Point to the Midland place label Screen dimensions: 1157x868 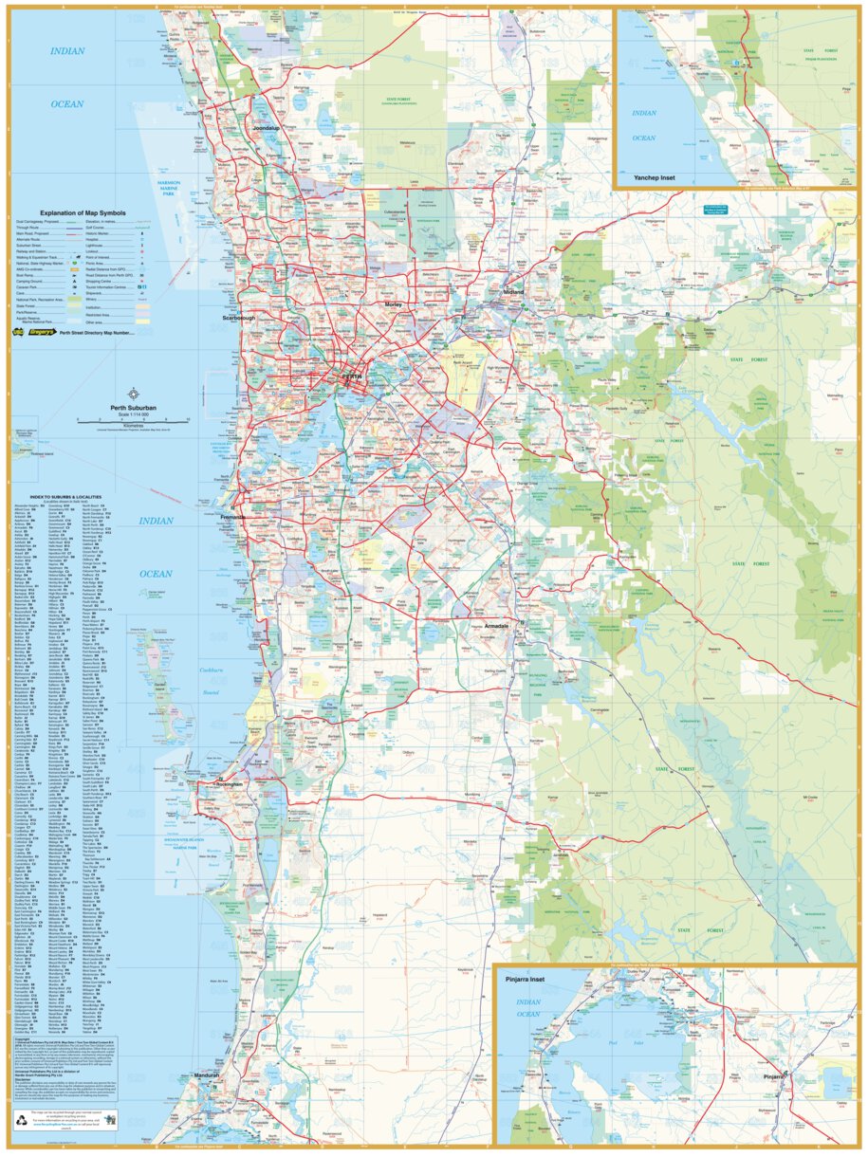point(513,292)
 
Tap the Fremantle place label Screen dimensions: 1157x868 point(232,517)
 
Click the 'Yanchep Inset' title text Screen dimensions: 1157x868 point(648,177)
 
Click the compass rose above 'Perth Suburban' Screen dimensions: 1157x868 point(133,394)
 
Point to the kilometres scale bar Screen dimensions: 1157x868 point(133,419)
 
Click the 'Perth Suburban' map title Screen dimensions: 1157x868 point(133,407)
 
